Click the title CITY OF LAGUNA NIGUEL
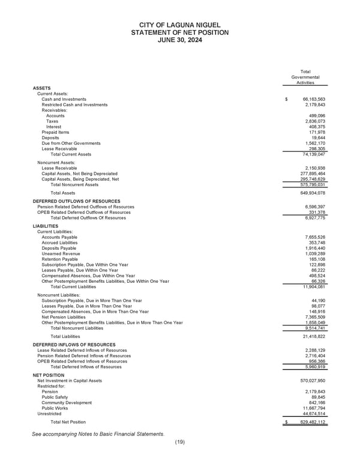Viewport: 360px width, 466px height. (x=179, y=23)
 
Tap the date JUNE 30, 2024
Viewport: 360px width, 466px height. (x=179, y=40)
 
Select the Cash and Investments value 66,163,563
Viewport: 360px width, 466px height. (x=313, y=99)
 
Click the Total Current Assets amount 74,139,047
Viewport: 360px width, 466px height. (x=313, y=154)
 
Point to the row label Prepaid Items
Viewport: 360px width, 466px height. (x=55, y=132)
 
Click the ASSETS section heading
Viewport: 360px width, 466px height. (x=41, y=88)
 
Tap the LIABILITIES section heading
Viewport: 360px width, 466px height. (x=46, y=226)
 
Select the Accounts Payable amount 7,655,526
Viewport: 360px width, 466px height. (x=314, y=237)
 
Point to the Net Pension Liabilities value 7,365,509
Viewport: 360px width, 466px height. (x=314, y=317)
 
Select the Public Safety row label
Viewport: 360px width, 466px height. (x=55, y=396)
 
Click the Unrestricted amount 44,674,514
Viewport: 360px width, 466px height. (x=313, y=413)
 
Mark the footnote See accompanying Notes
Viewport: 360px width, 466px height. (x=98, y=434)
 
